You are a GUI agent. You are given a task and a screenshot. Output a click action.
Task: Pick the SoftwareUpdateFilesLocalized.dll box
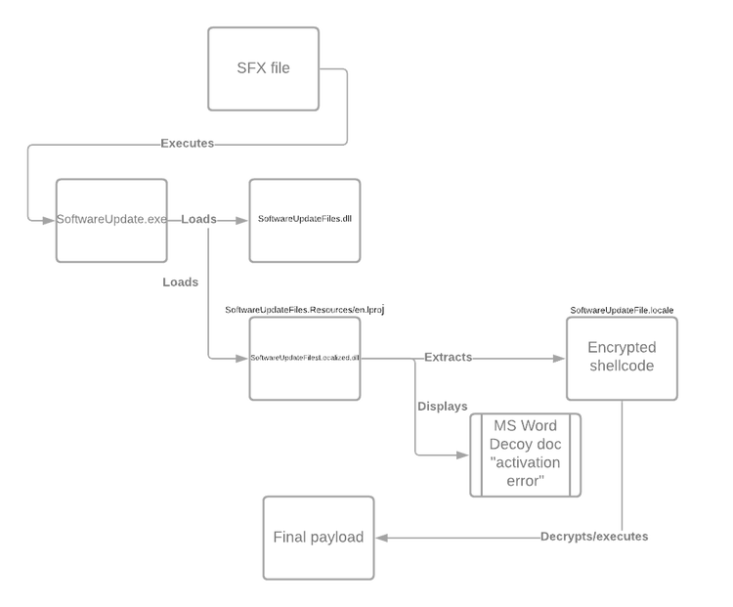306,358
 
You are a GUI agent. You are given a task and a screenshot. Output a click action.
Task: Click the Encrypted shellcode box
621,357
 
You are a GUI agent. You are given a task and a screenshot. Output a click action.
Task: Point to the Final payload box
319,537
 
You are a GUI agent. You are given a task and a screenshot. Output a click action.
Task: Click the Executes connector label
187,144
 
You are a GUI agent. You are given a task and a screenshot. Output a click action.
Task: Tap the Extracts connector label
449,357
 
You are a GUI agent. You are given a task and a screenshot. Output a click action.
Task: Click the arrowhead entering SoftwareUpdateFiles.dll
242,219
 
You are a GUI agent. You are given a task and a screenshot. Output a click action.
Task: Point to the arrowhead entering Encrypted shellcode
558,358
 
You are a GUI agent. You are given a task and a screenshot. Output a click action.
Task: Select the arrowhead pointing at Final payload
382,538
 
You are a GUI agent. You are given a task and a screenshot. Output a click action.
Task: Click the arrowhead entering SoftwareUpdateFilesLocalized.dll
242,358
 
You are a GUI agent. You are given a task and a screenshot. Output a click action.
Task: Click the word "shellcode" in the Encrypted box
621,368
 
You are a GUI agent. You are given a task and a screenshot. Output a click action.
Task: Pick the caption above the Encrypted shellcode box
622,310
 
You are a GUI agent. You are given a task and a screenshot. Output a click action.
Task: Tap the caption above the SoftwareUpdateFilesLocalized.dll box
306,310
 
